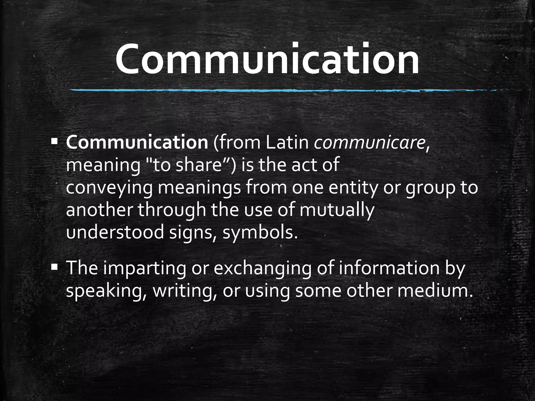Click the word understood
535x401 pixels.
tap(115, 232)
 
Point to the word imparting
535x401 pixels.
tap(144, 269)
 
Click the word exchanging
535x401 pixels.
tap(263, 269)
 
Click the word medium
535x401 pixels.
tap(435, 290)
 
